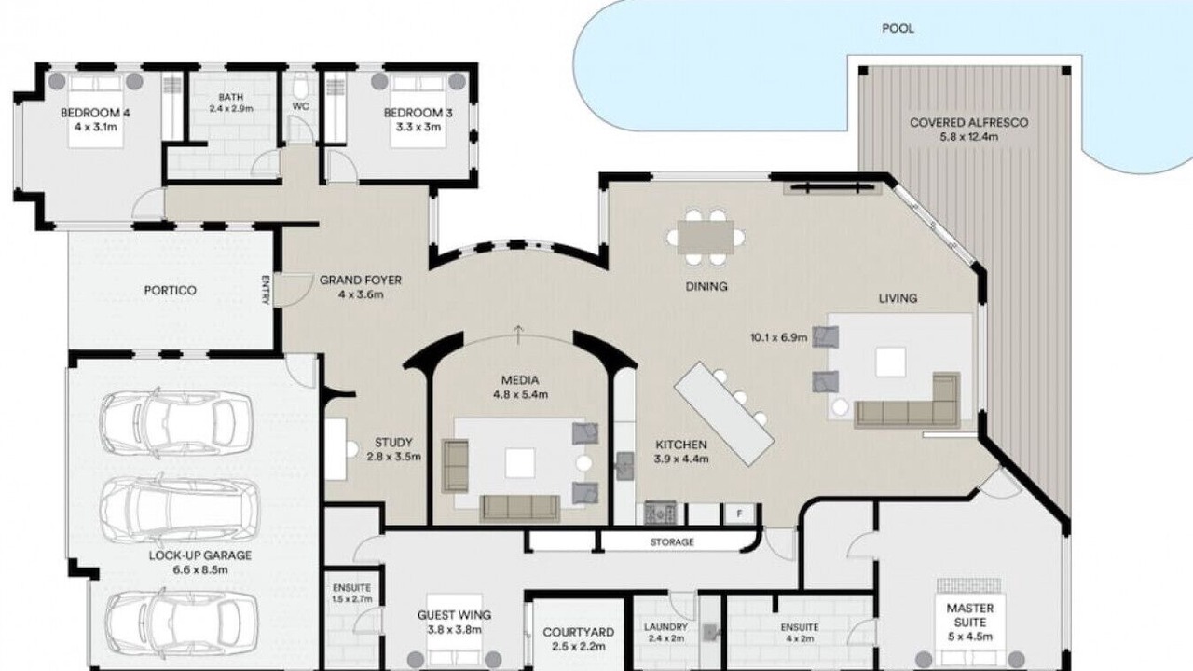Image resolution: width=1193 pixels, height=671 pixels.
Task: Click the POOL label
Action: (898, 28)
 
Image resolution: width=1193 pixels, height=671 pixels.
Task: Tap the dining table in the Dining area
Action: (706, 237)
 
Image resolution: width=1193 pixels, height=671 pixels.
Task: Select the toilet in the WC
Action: (301, 84)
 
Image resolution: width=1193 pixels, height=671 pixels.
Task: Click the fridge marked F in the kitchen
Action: (739, 514)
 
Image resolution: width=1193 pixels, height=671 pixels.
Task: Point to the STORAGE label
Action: (672, 542)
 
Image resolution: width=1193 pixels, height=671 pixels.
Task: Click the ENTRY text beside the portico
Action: (267, 290)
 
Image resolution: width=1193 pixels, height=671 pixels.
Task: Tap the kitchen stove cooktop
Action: (660, 513)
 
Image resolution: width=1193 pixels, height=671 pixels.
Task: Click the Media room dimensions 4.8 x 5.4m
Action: (520, 394)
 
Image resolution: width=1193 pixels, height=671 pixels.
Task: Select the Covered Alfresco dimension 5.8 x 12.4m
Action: (968, 137)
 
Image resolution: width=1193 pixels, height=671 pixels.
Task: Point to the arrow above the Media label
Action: (518, 334)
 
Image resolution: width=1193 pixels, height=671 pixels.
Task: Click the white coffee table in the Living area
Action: (890, 362)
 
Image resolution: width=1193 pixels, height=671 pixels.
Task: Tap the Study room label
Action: (393, 443)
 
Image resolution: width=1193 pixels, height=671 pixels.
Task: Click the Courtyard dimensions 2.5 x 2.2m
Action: (579, 647)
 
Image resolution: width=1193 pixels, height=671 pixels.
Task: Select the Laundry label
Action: (665, 627)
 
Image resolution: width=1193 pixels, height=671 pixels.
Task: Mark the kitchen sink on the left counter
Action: (624, 467)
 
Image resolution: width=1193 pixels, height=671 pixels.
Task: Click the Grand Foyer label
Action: (361, 281)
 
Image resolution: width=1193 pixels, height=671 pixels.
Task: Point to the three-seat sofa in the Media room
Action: (520, 509)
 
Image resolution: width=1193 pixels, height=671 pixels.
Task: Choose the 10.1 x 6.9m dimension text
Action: (778, 337)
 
